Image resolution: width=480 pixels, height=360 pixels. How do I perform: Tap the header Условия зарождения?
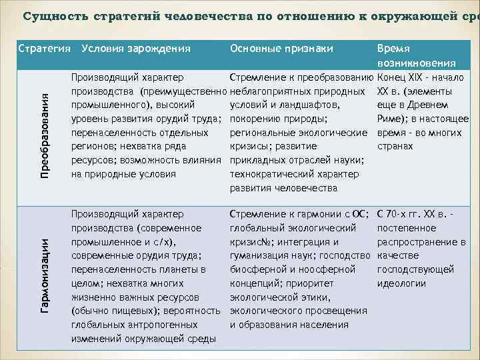(135, 49)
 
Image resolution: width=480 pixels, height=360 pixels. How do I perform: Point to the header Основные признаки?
(281, 49)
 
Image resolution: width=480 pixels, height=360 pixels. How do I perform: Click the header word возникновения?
(416, 63)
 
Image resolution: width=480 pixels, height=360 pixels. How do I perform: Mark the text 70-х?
(403, 214)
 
